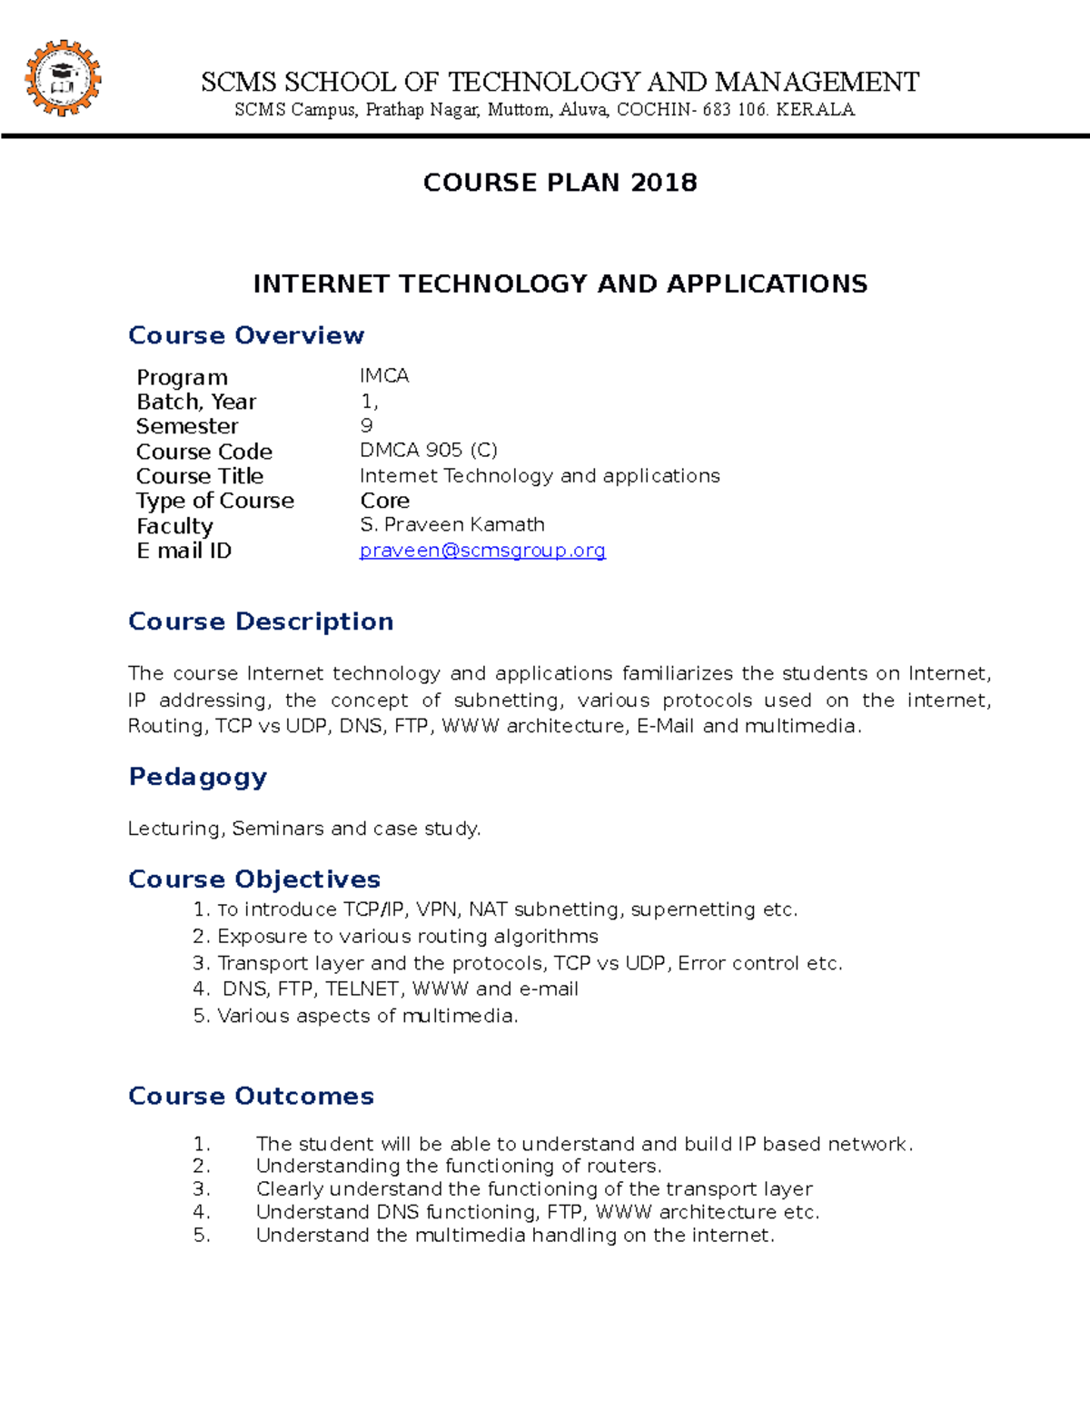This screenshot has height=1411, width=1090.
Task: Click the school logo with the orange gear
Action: point(62,78)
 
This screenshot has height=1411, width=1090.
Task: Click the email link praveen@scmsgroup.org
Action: point(482,551)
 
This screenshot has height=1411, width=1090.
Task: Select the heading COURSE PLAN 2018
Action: point(560,183)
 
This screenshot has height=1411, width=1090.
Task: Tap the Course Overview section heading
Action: point(246,335)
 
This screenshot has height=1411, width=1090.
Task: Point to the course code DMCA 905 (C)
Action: point(428,451)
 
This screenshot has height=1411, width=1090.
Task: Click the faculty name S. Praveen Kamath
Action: point(452,525)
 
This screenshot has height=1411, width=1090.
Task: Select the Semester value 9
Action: point(366,426)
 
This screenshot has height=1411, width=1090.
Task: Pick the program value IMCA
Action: point(384,376)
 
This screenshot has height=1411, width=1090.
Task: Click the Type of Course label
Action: point(215,501)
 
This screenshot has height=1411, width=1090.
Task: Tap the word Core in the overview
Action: point(384,501)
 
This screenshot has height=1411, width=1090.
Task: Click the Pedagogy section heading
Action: point(198,777)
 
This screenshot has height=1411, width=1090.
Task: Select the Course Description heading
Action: point(261,621)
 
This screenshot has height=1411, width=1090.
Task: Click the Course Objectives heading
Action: point(254,879)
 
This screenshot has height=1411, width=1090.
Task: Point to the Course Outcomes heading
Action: point(251,1096)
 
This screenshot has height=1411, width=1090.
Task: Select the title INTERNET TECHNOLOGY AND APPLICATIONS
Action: point(560,284)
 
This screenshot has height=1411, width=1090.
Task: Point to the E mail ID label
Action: point(183,551)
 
